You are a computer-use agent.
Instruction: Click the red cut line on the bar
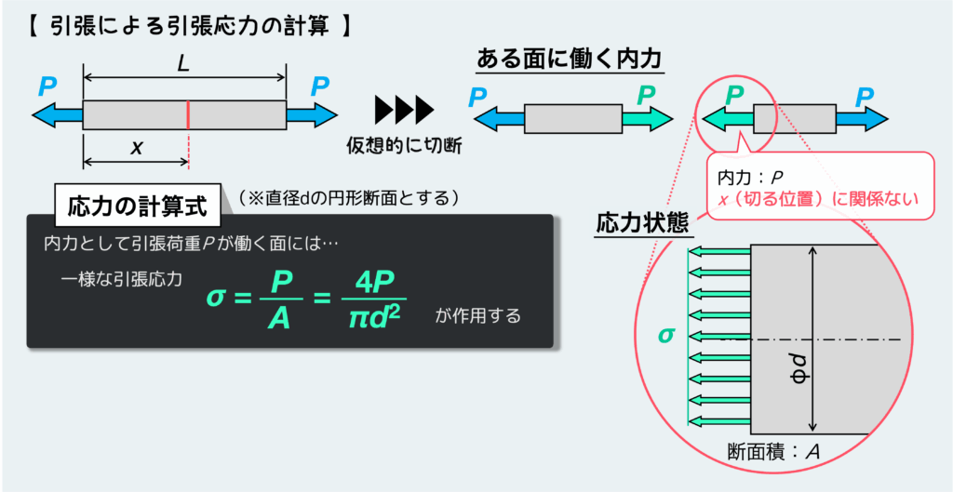[188, 115]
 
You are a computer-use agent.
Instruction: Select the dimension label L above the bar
[184, 65]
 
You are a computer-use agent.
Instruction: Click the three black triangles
[404, 110]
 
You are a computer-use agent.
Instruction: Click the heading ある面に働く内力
[568, 60]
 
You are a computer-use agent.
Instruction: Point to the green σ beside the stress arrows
[665, 334]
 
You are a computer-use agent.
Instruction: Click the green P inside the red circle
[734, 94]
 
